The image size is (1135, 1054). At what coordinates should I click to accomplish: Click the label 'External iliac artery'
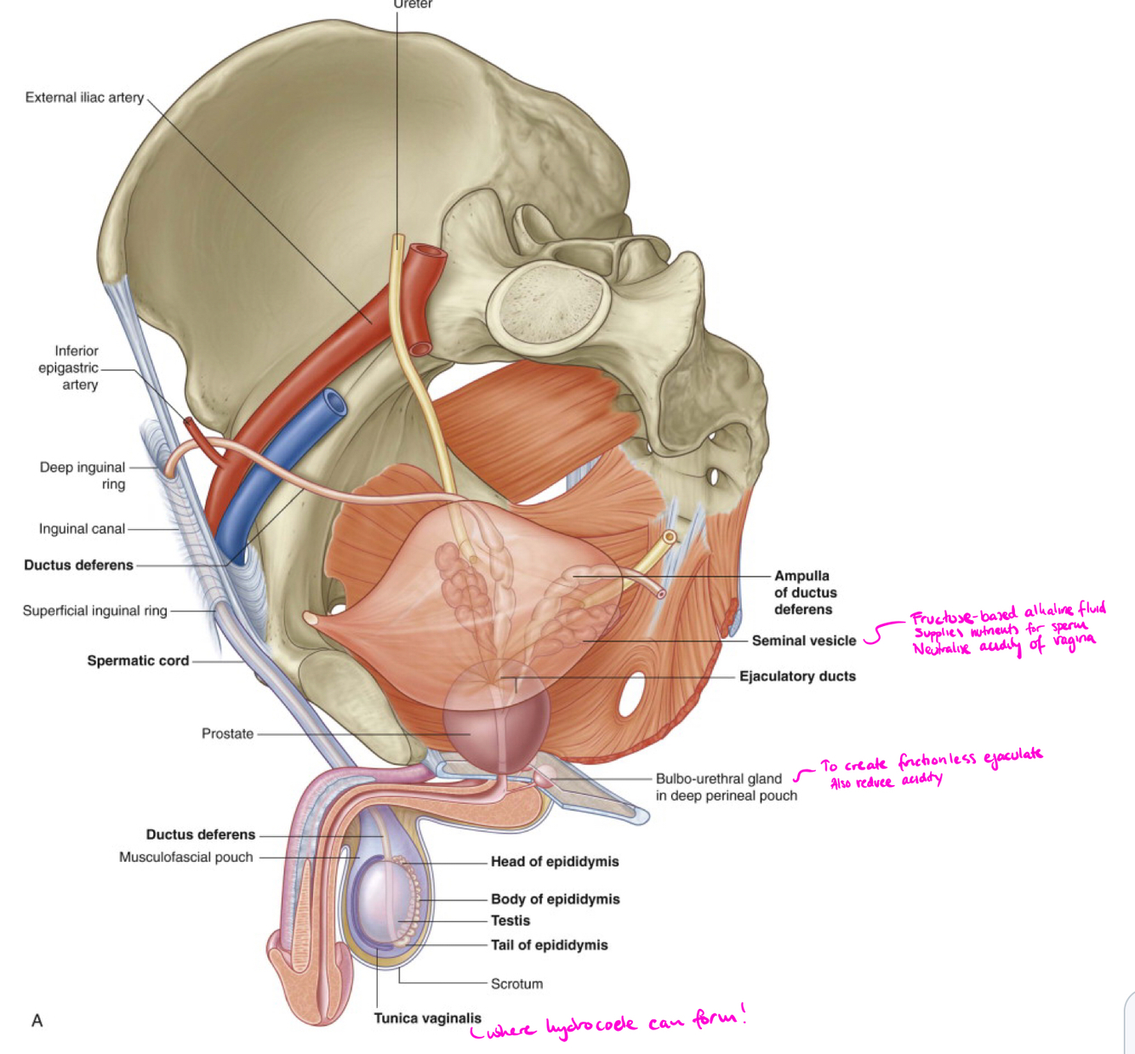pyautogui.click(x=84, y=98)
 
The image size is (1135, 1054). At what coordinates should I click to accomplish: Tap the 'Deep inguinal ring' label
pyautogui.click(x=83, y=476)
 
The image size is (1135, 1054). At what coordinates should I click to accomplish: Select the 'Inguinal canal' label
pyautogui.click(x=82, y=529)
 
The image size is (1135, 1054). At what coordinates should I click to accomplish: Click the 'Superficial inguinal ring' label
pyautogui.click(x=94, y=611)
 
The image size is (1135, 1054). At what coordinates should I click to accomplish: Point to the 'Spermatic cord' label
pyautogui.click(x=138, y=661)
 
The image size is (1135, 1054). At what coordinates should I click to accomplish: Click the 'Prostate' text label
pyautogui.click(x=227, y=733)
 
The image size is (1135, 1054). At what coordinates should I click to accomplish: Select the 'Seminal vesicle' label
pyautogui.click(x=803, y=641)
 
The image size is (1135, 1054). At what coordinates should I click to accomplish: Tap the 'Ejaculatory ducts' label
pyautogui.click(x=797, y=676)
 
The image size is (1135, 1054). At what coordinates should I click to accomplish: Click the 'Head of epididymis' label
pyautogui.click(x=555, y=862)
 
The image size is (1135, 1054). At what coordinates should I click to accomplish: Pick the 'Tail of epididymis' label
pyautogui.click(x=549, y=945)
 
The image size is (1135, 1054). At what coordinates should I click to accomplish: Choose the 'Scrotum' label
pyautogui.click(x=516, y=984)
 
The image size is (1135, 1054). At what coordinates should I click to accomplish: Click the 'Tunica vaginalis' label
pyautogui.click(x=427, y=1018)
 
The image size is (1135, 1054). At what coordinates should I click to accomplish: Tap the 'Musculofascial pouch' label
pyautogui.click(x=185, y=857)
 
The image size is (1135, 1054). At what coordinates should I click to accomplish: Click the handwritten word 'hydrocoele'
pyautogui.click(x=590, y=1026)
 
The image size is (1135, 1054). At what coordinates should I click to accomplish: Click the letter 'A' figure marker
pyautogui.click(x=37, y=1021)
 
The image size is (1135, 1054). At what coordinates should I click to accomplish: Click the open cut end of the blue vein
pyautogui.click(x=334, y=402)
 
